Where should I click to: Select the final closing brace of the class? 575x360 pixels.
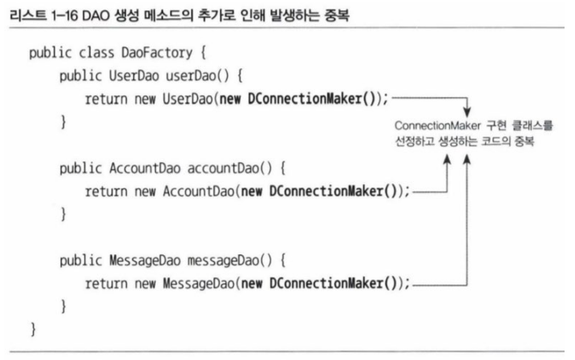(33, 330)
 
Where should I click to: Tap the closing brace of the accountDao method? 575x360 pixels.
(63, 216)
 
